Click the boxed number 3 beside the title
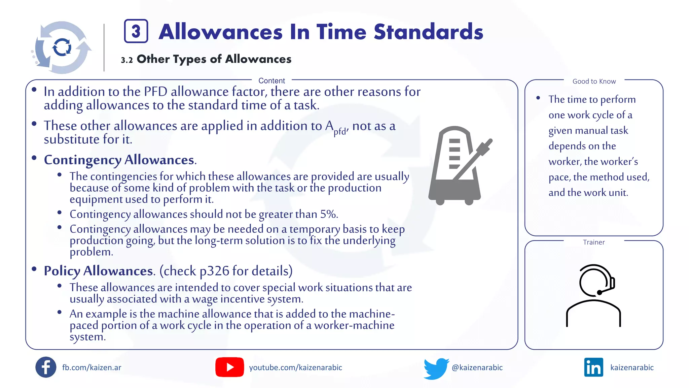point(136,31)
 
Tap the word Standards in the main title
point(428,32)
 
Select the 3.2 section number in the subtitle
point(127,60)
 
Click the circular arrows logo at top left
point(62,47)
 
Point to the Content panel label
point(271,81)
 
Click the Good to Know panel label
point(594,82)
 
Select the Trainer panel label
point(594,243)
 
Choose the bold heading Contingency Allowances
point(119,160)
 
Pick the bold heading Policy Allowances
point(99,271)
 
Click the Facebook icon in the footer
point(46,367)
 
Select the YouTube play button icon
point(229,367)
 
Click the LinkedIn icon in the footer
point(593,367)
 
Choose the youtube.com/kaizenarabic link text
point(295,367)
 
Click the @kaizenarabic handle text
point(477,367)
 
